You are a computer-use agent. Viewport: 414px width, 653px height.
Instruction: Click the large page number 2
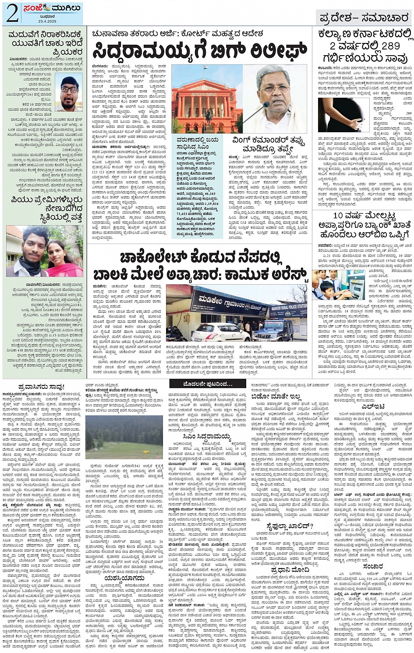12,14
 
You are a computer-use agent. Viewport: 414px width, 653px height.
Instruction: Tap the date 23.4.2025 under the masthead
47,21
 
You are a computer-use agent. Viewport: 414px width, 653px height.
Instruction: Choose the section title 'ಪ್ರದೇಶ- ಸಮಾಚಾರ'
364,18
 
